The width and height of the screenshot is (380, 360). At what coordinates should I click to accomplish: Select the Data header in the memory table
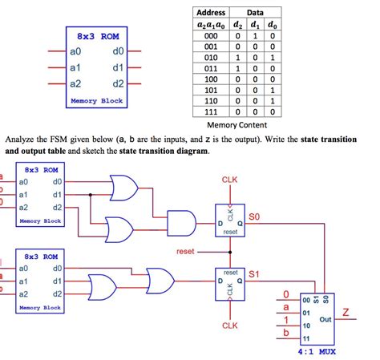[255, 13]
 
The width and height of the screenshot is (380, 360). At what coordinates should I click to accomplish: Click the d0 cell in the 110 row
[273, 101]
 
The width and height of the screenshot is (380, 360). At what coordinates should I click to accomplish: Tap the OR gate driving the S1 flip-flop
[159, 282]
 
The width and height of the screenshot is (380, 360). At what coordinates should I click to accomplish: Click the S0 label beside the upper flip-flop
[254, 216]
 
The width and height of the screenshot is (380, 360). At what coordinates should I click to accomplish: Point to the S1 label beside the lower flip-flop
[254, 274]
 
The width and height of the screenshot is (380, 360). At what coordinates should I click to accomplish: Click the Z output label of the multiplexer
[346, 310]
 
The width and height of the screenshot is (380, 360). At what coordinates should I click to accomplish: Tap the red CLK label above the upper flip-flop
[229, 180]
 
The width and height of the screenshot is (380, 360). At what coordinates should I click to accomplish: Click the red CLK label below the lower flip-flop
[229, 326]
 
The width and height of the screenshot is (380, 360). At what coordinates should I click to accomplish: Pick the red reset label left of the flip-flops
[185, 252]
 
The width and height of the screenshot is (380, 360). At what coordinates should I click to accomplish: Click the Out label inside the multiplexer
[325, 318]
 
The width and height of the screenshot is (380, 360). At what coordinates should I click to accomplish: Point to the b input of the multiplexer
[285, 331]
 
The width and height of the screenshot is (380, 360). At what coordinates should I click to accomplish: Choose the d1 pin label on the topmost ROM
[57, 193]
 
